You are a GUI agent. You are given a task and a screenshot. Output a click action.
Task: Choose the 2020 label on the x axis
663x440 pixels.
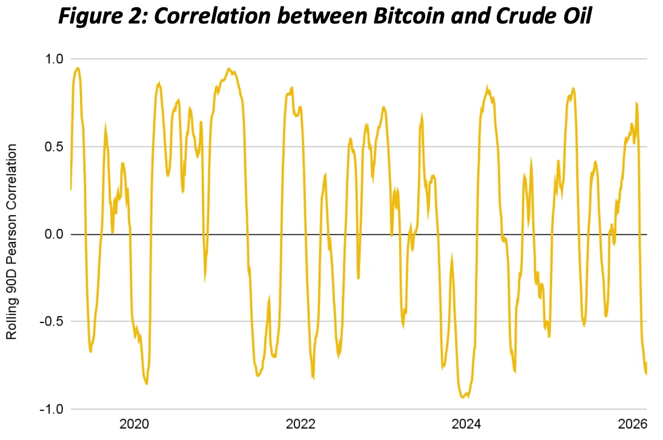pyautogui.click(x=134, y=424)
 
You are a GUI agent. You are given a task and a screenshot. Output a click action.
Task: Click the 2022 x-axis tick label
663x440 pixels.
pyautogui.click(x=301, y=424)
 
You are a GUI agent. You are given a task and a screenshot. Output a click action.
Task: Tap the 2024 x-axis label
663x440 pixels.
pyautogui.click(x=467, y=424)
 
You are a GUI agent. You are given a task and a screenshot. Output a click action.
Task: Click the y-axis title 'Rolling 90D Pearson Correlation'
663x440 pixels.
pyautogui.click(x=12, y=241)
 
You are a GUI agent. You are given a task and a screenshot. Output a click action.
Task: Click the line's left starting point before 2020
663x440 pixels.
pyautogui.click(x=71, y=189)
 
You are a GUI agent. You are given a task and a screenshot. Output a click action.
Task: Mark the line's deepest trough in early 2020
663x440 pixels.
pyautogui.click(x=146, y=384)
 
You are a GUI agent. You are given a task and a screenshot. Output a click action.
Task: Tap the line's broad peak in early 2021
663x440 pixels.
pyautogui.click(x=228, y=68)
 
